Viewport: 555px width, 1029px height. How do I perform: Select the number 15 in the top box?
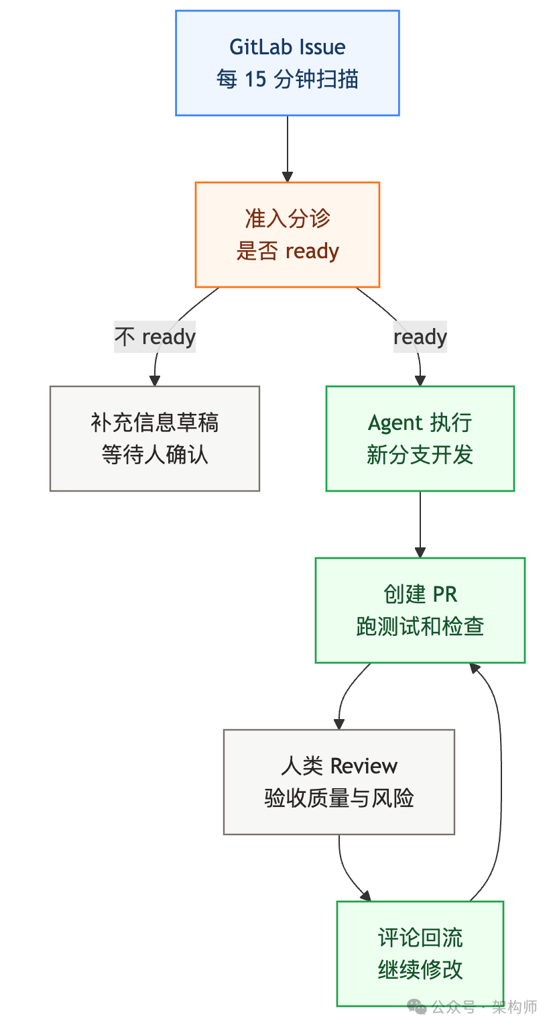point(255,80)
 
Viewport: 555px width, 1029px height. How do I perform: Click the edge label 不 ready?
point(155,336)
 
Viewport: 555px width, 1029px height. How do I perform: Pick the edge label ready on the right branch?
point(420,336)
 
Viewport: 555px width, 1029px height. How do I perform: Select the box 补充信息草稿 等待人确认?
point(154,438)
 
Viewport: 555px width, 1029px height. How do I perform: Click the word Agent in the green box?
point(395,423)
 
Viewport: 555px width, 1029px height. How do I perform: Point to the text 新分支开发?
point(420,455)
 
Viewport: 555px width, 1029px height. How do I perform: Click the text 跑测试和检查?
point(420,627)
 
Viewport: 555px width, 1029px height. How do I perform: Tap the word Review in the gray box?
point(364,766)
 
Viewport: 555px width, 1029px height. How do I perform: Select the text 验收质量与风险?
point(338,798)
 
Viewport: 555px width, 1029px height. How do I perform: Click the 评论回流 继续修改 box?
point(420,953)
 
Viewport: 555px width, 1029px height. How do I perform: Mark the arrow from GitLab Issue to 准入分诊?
point(287,149)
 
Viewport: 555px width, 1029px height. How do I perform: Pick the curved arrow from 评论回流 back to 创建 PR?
point(500,778)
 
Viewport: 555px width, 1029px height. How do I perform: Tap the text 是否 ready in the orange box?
point(287,252)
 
